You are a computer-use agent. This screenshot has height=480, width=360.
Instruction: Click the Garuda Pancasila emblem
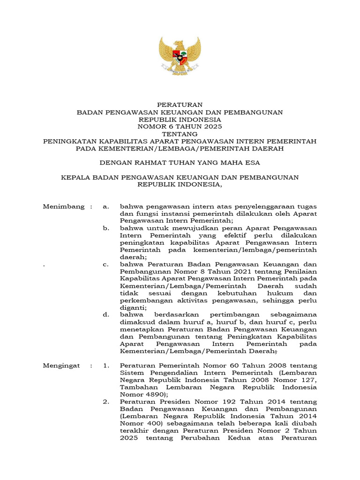point(180,56)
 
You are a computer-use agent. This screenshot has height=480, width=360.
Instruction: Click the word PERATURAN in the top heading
point(180,105)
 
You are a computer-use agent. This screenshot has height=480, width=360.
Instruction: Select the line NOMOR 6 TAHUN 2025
point(180,127)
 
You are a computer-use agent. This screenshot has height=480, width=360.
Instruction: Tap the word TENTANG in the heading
point(180,134)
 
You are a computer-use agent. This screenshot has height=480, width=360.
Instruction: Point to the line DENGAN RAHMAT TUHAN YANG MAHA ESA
point(180,163)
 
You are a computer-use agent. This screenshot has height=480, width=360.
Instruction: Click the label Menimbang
point(64,206)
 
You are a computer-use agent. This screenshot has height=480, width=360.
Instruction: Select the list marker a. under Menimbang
point(105,206)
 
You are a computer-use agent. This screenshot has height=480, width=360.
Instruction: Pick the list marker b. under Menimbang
point(105,228)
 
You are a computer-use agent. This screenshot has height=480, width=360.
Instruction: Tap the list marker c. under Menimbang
point(105,264)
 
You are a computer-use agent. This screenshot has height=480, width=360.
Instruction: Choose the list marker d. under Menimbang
point(105,315)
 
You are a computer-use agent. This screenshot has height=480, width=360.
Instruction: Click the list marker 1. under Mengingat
point(105,366)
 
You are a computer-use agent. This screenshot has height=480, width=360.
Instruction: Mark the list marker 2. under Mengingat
point(105,402)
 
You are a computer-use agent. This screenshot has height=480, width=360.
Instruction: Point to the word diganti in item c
point(132,307)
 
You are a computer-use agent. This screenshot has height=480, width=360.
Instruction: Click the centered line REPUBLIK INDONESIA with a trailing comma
point(180,185)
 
